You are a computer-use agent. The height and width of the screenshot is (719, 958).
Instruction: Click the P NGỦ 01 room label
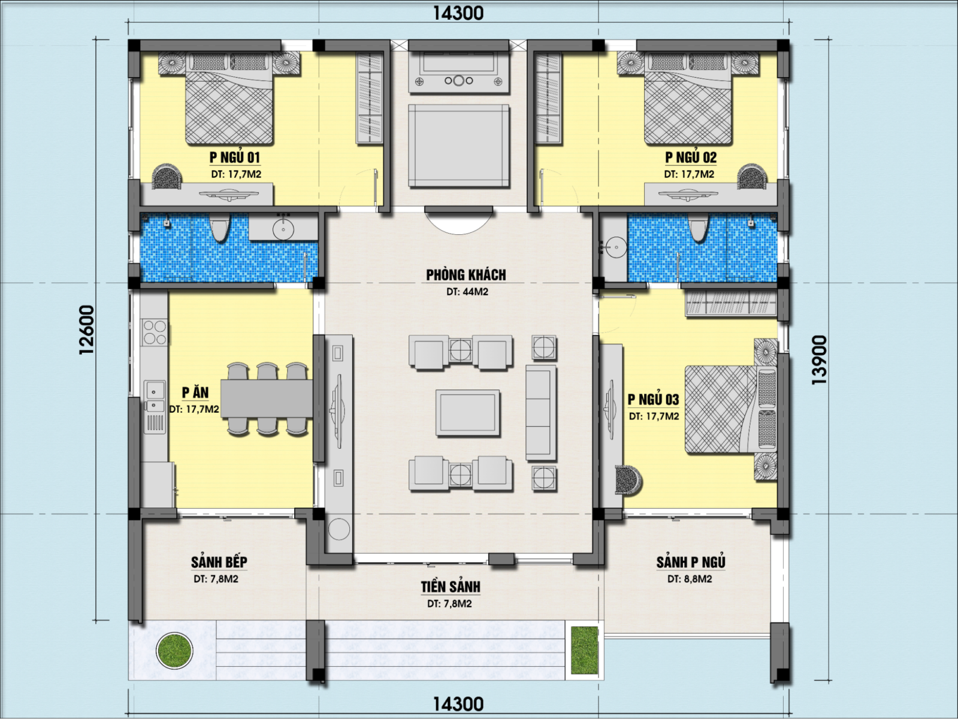coord(235,158)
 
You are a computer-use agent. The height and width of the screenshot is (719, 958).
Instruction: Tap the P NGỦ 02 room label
coord(690,158)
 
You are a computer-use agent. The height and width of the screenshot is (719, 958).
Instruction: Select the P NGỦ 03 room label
coord(654,399)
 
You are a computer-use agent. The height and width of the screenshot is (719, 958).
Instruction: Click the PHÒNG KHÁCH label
coord(466,275)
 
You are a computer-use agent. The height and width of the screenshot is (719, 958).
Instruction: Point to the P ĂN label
coord(195,392)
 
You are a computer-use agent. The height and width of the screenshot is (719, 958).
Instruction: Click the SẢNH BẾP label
coord(219,562)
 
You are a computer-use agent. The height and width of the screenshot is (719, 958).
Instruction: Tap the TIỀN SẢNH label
coord(451,587)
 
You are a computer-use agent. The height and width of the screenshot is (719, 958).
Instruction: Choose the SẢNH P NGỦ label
coord(691,562)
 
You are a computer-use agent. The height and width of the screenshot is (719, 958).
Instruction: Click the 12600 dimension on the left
coord(87,330)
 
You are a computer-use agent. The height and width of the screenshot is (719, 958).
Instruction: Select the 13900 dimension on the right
coord(819,360)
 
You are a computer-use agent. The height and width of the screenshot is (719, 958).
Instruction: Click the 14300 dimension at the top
coord(458,13)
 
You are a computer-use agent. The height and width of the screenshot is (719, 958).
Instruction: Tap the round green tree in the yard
coord(174,651)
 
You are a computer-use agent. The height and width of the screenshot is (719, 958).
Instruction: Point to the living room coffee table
coord(467,413)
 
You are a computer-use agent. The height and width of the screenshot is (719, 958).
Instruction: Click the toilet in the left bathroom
coord(219,227)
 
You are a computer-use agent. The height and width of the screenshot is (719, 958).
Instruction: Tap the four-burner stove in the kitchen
coord(155,333)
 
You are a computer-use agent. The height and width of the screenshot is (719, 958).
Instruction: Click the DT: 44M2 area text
coord(467,291)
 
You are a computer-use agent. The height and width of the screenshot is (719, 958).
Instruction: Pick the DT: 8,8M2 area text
coord(690,579)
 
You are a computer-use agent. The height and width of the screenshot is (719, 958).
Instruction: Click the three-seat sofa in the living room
coord(541,413)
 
